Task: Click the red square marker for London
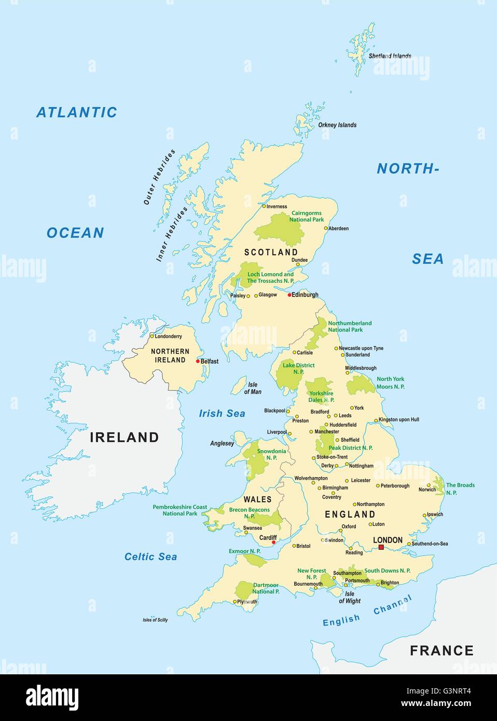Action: pos(381,547)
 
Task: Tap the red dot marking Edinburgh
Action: pos(289,295)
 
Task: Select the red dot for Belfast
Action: pos(198,361)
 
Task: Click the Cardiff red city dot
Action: pos(273,543)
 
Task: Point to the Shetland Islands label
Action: pos(390,56)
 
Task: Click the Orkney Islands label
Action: pos(337,125)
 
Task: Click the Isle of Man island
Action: pos(238,386)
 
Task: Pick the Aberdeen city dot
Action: pos(326,228)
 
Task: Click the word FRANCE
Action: pos(441,650)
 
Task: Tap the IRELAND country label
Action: pos(125,437)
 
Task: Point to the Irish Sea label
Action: pos(222,413)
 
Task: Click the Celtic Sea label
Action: pos(150,557)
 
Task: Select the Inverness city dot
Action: pos(264,206)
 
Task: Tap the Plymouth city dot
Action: pos(234,602)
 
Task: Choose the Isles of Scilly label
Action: pos(155,620)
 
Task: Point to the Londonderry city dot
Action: pos(151,336)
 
